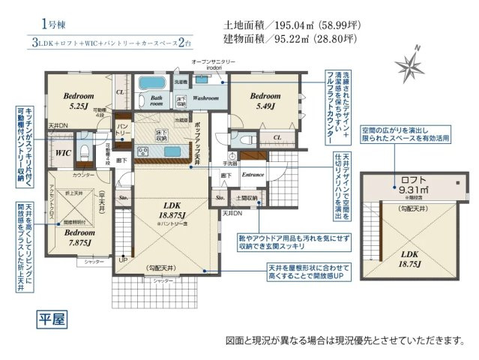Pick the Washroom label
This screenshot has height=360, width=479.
coord(205,98)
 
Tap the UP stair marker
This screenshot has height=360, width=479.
coord(122,259)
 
